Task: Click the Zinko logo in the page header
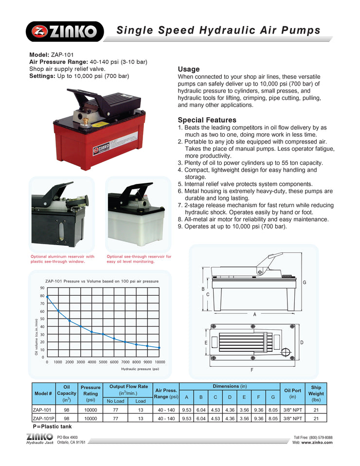pyautogui.click(x=65, y=32)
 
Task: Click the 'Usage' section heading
pyautogui.click(x=189, y=69)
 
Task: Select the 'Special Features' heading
pyautogui.click(x=207, y=120)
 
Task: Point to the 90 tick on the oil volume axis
pyautogui.click(x=42, y=288)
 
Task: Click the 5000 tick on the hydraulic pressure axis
pyautogui.click(x=103, y=362)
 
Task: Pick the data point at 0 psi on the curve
pyautogui.click(x=47, y=296)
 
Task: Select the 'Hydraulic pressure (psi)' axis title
pyautogui.click(x=140, y=369)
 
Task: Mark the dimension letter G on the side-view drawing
pyautogui.click(x=305, y=283)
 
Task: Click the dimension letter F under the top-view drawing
pyautogui.click(x=252, y=370)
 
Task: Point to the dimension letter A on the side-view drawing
pyautogui.click(x=254, y=314)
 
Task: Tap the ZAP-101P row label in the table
pyautogui.click(x=43, y=418)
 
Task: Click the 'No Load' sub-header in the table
pyautogui.click(x=115, y=401)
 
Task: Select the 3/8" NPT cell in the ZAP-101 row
pyautogui.click(x=292, y=410)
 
